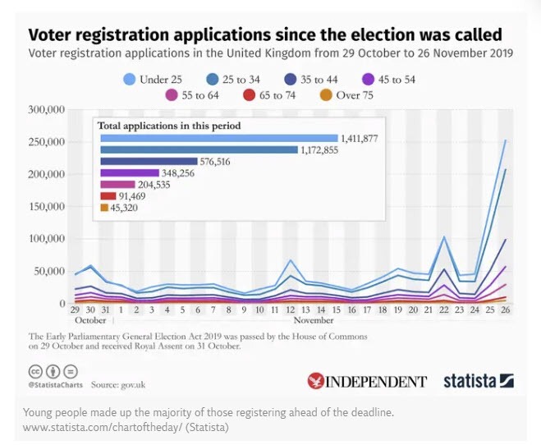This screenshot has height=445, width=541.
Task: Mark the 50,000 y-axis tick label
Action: tap(48, 271)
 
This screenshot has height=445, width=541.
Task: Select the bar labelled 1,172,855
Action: tap(199, 149)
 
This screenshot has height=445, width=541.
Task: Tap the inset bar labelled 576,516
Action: tap(149, 162)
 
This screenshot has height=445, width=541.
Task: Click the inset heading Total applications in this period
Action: tap(168, 126)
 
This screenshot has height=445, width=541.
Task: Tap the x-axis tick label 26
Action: tap(504, 310)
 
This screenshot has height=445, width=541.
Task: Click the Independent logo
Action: tap(367, 381)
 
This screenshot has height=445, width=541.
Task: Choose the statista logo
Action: tap(478, 381)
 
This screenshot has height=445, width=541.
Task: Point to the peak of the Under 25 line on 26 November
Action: tap(505, 140)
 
